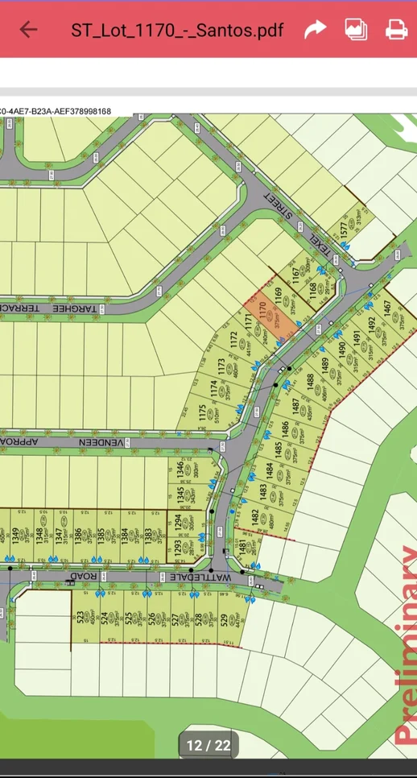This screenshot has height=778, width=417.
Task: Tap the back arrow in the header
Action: point(28,30)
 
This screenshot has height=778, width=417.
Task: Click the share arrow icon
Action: point(315,30)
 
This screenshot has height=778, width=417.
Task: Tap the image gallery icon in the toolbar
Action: point(356,30)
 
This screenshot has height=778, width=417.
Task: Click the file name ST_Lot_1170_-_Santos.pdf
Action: point(177,31)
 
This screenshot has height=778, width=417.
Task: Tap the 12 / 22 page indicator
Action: point(208,745)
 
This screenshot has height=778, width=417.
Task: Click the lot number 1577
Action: point(345,228)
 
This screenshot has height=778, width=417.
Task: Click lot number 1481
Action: point(242,548)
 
